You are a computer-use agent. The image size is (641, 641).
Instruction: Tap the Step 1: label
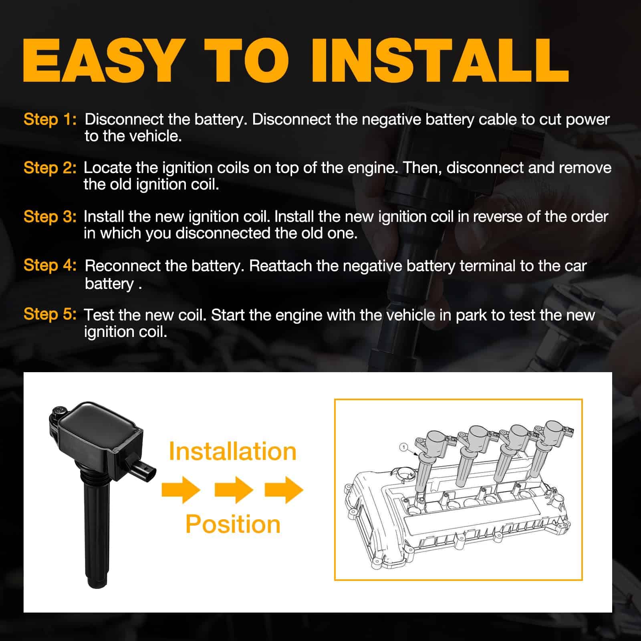click(50, 119)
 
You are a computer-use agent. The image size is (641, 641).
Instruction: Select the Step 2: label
click(50, 168)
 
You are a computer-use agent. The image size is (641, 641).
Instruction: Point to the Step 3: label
click(50, 217)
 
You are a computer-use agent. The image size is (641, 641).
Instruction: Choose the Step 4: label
click(50, 265)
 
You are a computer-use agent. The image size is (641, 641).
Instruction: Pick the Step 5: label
click(50, 314)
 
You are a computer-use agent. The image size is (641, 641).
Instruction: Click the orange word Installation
click(232, 452)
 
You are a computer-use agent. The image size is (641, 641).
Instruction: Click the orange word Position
click(233, 524)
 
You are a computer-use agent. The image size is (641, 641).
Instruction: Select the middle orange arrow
click(234, 490)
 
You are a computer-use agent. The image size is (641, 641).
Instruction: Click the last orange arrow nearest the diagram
click(284, 490)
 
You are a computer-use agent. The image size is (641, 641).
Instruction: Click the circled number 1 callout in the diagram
click(404, 447)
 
